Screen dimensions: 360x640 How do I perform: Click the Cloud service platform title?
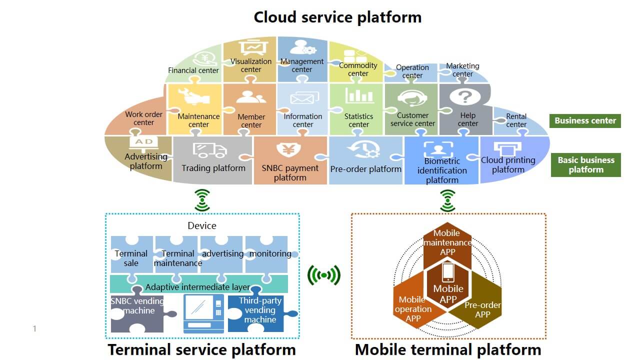[x=337, y=17]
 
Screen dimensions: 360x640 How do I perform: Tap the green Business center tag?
[x=585, y=120]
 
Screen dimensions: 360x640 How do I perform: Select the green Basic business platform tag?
[x=585, y=164]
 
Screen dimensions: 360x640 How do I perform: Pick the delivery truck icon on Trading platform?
[x=209, y=150]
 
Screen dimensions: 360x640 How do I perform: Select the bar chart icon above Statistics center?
[x=359, y=96]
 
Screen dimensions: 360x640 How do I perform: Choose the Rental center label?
[x=516, y=120]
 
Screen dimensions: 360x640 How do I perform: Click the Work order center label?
[x=144, y=118]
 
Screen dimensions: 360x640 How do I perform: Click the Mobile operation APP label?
[x=413, y=309]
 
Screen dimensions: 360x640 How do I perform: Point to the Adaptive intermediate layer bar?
[x=198, y=287]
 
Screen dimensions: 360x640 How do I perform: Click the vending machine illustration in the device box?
[x=203, y=312]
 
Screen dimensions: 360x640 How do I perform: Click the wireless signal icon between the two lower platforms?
[x=324, y=275]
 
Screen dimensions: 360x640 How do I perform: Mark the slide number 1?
[x=34, y=328]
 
